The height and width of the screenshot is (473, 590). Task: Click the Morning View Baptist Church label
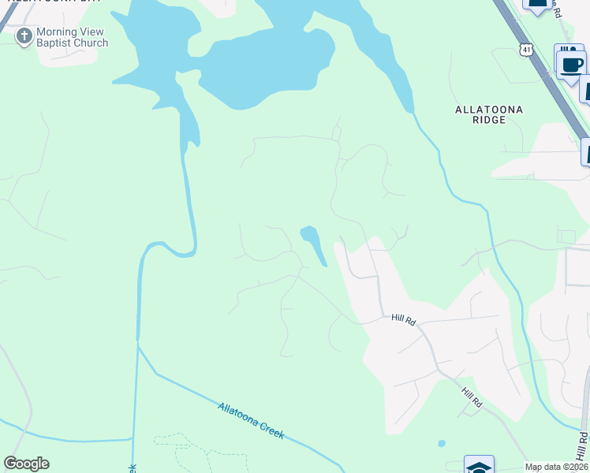tap(72, 37)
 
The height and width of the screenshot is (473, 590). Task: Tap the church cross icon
tap(24, 36)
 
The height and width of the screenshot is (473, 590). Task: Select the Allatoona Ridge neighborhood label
tap(490, 114)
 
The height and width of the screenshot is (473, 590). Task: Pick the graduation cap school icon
tap(479, 467)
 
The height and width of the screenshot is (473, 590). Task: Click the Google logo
tap(26, 464)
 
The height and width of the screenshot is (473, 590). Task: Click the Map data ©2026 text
tap(555, 467)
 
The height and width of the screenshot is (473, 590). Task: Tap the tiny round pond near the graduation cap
tap(441, 443)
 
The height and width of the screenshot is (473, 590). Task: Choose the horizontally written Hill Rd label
tap(403, 319)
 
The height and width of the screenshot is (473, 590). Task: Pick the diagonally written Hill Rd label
tap(472, 397)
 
